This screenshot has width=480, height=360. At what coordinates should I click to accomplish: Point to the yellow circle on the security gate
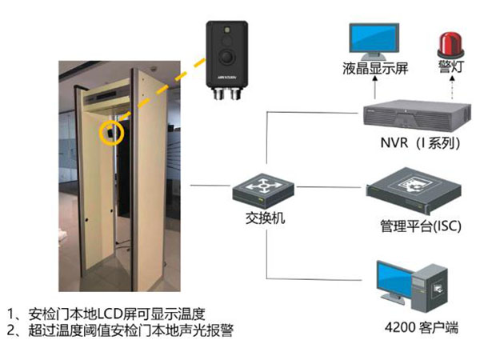(110, 132)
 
